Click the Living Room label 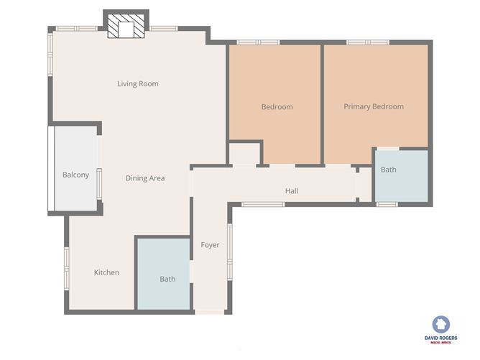point(138,84)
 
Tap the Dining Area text point(145,178)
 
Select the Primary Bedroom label point(373,107)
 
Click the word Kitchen point(106,272)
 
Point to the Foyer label point(210,245)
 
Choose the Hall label point(291,191)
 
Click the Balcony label point(75,175)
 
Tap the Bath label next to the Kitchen point(167,279)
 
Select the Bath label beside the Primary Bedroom point(388,170)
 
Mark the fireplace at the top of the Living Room point(126,27)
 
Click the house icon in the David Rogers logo point(440,324)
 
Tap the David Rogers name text point(440,337)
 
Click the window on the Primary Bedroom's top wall point(368,43)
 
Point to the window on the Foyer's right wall point(230,244)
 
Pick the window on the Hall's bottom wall point(263,205)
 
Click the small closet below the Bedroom point(244,154)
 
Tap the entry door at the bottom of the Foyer point(210,312)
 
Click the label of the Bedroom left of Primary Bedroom point(277,107)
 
